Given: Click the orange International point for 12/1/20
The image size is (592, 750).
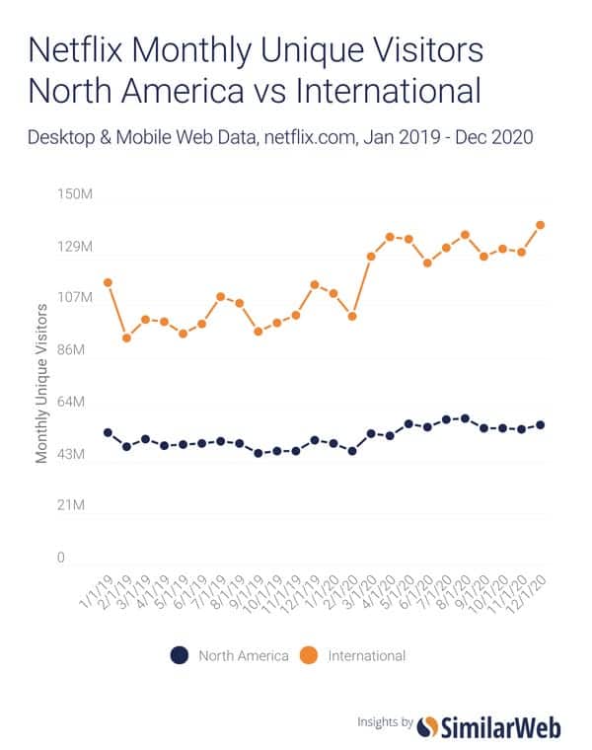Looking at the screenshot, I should click(541, 225).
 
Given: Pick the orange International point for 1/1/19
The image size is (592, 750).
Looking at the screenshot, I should click(108, 283).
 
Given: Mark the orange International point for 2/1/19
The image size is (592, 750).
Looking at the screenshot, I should click(126, 337).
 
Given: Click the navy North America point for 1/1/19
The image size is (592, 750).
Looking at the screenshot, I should click(108, 433).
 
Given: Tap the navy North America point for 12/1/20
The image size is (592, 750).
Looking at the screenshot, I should click(541, 425).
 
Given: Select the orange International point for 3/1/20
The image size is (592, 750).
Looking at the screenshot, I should click(371, 257).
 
